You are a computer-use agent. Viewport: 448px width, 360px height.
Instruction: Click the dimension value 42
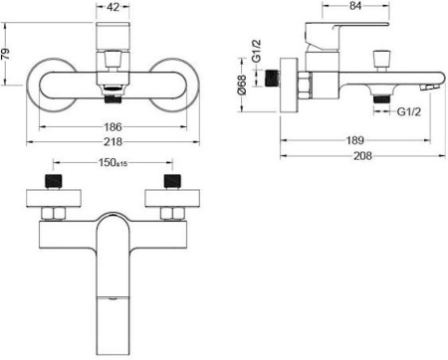(x=113, y=7)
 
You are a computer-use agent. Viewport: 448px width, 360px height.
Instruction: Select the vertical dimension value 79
(x=7, y=54)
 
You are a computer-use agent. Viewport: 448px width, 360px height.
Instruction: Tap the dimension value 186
(x=113, y=126)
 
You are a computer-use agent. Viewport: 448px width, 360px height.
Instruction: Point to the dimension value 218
(x=113, y=142)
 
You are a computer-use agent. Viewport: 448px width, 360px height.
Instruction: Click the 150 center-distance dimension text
(x=112, y=162)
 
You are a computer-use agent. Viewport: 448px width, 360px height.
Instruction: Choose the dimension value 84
(x=355, y=6)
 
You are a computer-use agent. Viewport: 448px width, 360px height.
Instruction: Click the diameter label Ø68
(x=243, y=86)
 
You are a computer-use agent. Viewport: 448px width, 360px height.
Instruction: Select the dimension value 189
(x=355, y=140)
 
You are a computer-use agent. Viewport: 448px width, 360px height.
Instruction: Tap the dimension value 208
(x=362, y=155)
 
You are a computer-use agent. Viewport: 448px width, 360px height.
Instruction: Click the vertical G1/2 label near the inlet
(x=256, y=51)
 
